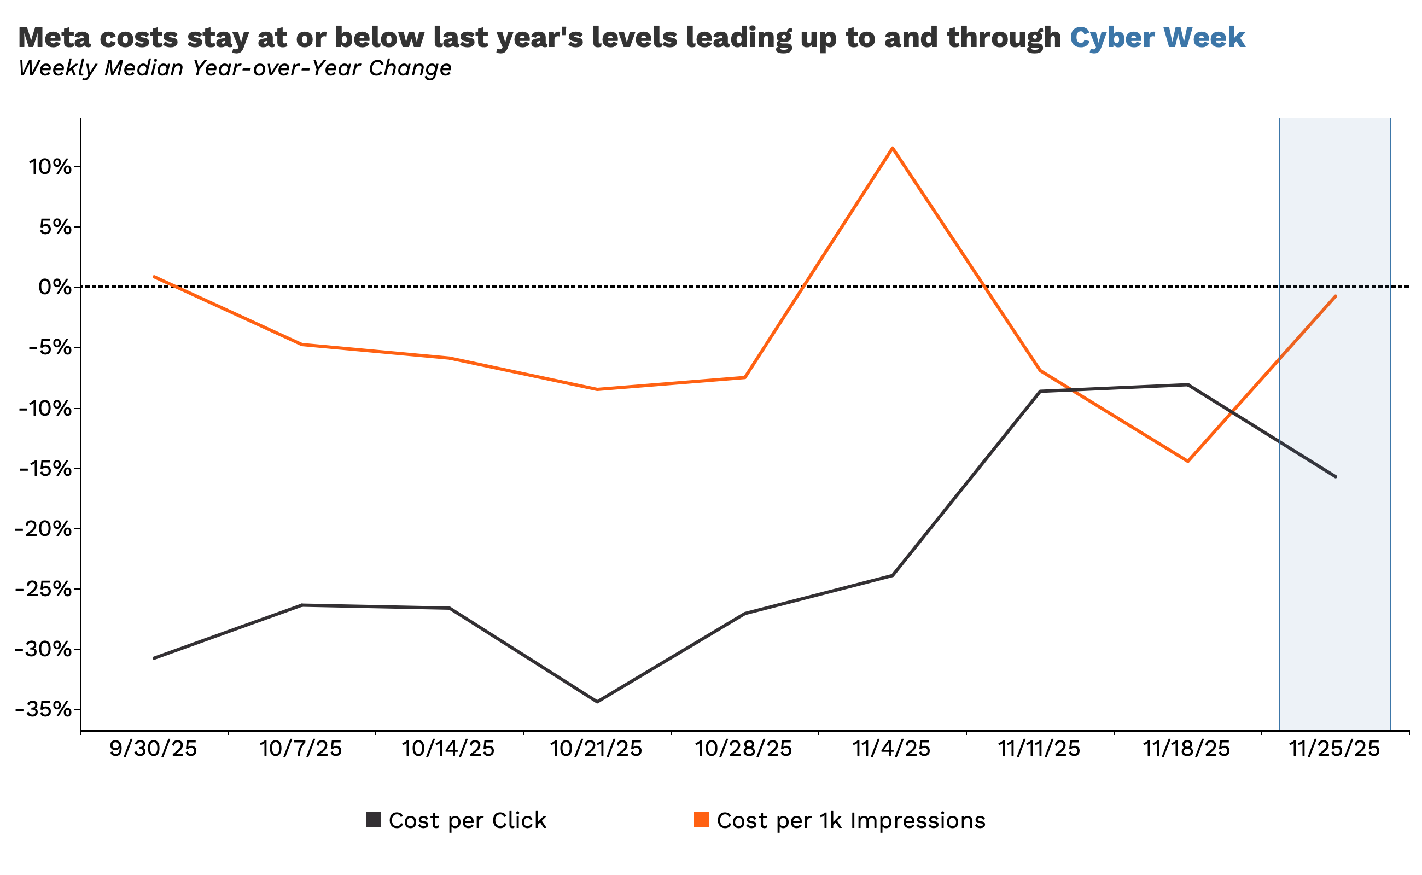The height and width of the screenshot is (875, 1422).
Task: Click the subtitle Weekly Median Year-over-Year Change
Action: pos(235,68)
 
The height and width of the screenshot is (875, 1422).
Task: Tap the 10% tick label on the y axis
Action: pos(50,167)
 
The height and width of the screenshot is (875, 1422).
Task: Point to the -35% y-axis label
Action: pos(46,709)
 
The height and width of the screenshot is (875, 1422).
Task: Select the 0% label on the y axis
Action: pos(55,287)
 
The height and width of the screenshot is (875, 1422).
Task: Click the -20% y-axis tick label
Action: pos(46,529)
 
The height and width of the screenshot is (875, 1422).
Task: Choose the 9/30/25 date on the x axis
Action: pos(153,749)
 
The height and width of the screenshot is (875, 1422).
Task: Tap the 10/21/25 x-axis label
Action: pos(596,749)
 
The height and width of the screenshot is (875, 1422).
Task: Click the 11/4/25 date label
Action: pos(892,749)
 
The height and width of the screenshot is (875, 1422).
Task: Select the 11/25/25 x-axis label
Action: pos(1334,749)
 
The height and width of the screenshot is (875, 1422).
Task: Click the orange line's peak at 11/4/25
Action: pos(893,148)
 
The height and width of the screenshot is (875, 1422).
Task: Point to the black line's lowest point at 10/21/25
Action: pos(597,702)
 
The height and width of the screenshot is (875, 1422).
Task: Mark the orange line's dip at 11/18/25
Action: pos(1187,461)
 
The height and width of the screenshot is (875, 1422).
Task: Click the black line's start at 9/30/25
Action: pos(154,658)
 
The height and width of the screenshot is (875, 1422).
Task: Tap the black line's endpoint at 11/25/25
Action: pos(1335,477)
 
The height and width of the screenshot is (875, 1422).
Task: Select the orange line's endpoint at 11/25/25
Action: pos(1335,296)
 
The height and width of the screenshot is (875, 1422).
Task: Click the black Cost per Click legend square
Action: pos(374,820)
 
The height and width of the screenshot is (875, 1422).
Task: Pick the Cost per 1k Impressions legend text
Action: pos(851,821)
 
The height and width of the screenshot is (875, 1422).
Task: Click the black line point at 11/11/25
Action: pos(1040,391)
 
